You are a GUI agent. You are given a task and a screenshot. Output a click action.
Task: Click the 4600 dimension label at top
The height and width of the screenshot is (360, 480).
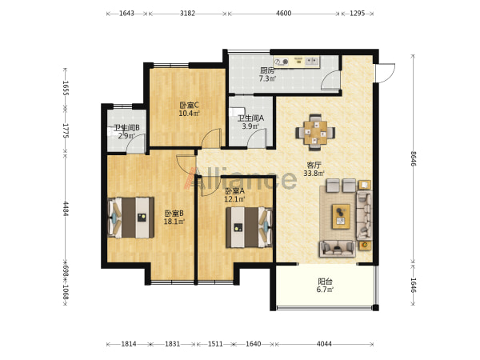tap(283, 14)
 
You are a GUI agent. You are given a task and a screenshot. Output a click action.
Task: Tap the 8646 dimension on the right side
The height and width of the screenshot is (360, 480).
tap(414, 158)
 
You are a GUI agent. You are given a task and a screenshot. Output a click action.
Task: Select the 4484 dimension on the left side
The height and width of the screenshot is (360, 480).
tap(66, 209)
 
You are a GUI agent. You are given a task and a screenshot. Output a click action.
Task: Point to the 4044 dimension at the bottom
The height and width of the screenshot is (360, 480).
tap(324, 344)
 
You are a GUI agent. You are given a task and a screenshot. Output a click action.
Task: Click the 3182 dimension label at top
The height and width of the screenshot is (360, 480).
tap(187, 14)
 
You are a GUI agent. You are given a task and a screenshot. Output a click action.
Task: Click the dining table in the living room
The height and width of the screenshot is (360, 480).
tap(315, 133)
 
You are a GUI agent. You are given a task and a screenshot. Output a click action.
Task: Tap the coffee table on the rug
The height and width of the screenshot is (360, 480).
tap(342, 217)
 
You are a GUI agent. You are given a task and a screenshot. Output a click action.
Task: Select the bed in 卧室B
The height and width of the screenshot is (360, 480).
tap(130, 218)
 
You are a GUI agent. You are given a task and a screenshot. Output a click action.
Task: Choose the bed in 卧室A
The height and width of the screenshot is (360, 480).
tap(249, 227)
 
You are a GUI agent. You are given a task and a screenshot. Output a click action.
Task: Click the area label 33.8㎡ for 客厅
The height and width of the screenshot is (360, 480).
tap(314, 174)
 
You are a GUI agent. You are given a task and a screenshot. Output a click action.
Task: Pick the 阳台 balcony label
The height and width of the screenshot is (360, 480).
tap(325, 282)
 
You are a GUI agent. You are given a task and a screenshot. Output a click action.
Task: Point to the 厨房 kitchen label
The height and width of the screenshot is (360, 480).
tap(267, 70)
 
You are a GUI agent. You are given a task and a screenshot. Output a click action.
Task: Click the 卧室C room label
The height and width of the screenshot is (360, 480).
tap(189, 106)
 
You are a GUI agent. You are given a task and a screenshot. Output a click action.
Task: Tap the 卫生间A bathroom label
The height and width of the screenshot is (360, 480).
tap(250, 118)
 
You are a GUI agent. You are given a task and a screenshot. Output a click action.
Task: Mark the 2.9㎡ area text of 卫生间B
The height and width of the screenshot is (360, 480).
tap(126, 136)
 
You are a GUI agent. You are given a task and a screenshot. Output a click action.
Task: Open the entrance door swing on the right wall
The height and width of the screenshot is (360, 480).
tap(386, 73)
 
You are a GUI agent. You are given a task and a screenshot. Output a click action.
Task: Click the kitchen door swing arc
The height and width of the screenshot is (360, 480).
tap(330, 80)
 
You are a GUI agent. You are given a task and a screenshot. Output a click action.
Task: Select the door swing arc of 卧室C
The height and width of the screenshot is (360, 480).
tap(211, 138)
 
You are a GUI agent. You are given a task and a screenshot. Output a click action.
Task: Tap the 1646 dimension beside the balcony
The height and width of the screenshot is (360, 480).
tap(414, 285)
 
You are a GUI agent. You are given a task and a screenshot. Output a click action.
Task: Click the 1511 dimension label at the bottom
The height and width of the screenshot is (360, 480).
tap(215, 344)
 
